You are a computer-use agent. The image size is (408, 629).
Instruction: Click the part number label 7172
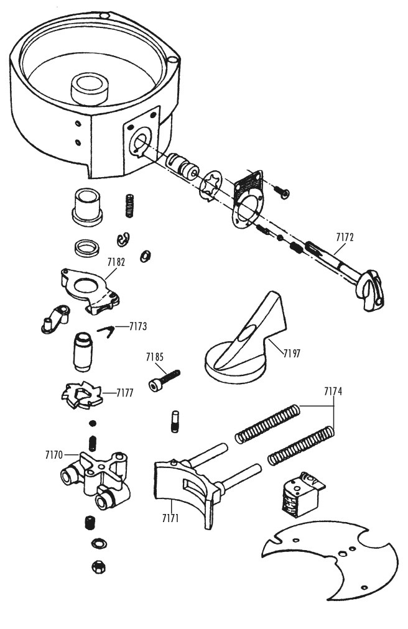(345, 237)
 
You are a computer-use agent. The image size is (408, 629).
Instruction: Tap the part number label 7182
(116, 262)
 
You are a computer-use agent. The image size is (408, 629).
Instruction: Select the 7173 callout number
(137, 326)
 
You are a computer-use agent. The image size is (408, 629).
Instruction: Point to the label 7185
(155, 357)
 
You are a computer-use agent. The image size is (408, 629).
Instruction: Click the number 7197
(292, 354)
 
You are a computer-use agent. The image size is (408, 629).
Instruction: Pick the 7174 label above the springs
(333, 392)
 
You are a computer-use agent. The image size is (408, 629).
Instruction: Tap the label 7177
(125, 393)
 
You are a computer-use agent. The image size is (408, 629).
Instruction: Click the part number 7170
(54, 455)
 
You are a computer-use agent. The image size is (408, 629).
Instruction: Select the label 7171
(170, 518)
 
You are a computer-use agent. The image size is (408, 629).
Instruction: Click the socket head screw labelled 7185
(165, 380)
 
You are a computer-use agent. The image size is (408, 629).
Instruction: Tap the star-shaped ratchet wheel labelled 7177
(82, 395)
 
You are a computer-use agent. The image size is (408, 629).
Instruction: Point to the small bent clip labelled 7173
(106, 331)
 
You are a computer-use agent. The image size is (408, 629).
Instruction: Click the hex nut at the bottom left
(98, 567)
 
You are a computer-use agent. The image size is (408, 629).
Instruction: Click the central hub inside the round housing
(90, 88)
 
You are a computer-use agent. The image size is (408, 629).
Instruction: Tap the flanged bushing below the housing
(86, 205)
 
